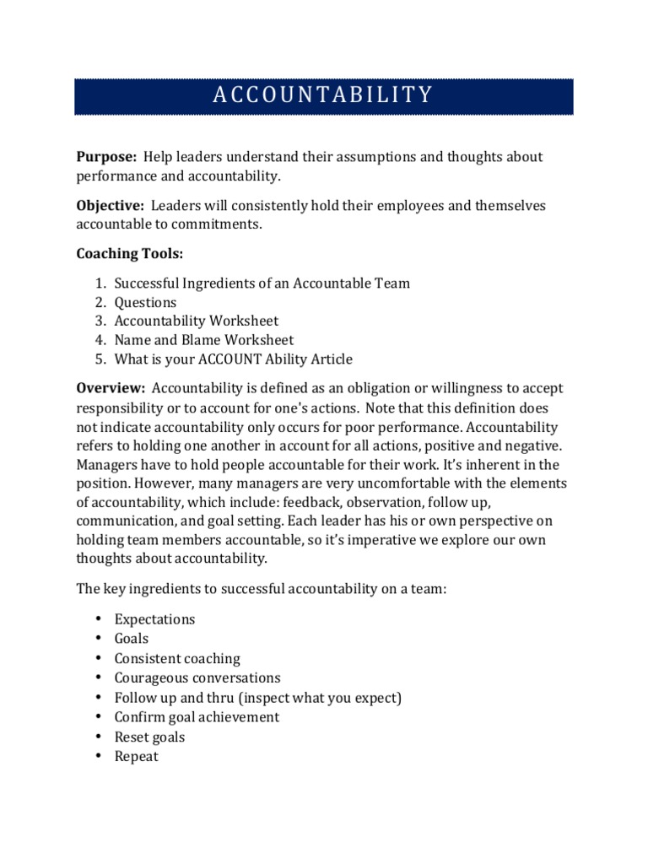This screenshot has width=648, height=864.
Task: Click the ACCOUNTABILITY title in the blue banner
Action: click(323, 94)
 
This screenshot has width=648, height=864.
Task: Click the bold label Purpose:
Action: click(106, 157)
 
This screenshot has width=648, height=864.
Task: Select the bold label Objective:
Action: click(110, 206)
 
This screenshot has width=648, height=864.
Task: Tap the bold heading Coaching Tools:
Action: click(129, 254)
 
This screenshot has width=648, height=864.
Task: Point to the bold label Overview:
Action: click(111, 388)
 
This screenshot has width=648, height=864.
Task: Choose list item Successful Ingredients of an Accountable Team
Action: click(262, 283)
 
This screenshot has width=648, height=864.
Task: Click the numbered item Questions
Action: click(145, 302)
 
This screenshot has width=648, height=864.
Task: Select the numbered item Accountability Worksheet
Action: click(196, 321)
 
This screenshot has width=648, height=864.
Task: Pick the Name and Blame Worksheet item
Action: click(203, 340)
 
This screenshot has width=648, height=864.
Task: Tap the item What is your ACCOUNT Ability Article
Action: click(233, 359)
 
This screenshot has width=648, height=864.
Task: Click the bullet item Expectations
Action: click(154, 619)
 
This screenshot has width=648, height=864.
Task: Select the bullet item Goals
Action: click(131, 639)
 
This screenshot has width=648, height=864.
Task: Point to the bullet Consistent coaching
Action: click(177, 658)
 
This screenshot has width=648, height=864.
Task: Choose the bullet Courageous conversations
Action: click(197, 678)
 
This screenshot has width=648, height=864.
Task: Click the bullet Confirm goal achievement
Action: click(197, 717)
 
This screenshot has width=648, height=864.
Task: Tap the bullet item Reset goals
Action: click(149, 737)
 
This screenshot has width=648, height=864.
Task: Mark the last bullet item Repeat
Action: click(136, 756)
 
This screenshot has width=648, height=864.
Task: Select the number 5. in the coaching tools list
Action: click(100, 359)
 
